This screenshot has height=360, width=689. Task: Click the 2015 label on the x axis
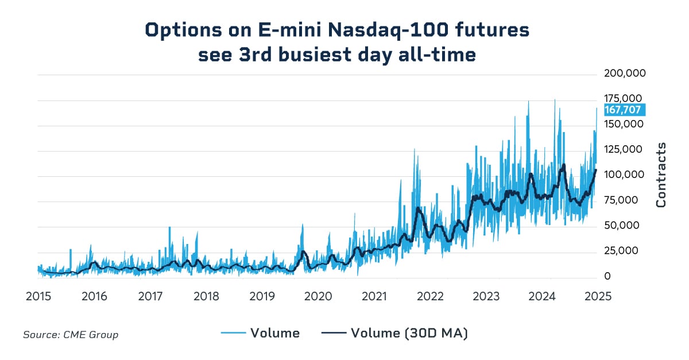click(38, 296)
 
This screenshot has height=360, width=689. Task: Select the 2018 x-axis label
click(206, 296)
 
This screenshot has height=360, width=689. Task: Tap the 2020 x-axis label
click(318, 296)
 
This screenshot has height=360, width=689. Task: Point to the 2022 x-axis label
click(430, 296)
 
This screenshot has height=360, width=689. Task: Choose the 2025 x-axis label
click(597, 296)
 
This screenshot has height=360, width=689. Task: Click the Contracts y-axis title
click(661, 175)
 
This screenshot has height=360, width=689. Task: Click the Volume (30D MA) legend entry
click(394, 333)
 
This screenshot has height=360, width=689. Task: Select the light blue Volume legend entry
click(260, 333)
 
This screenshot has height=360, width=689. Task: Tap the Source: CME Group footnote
click(71, 334)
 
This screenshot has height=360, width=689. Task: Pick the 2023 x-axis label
click(486, 296)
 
